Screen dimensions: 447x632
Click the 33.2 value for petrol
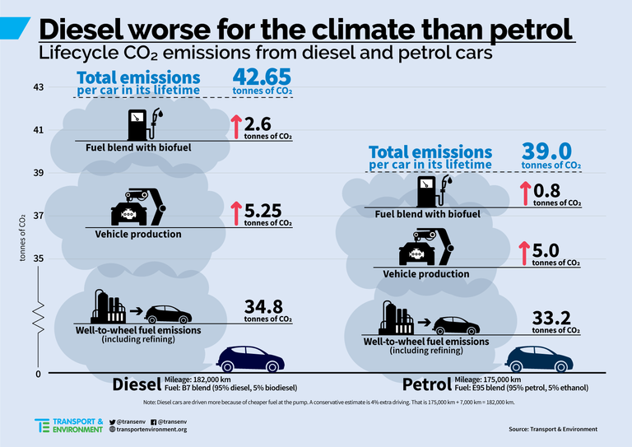[x=552, y=318]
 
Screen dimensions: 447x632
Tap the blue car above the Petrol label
[x=535, y=359]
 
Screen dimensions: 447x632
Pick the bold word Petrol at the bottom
[x=425, y=384]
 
